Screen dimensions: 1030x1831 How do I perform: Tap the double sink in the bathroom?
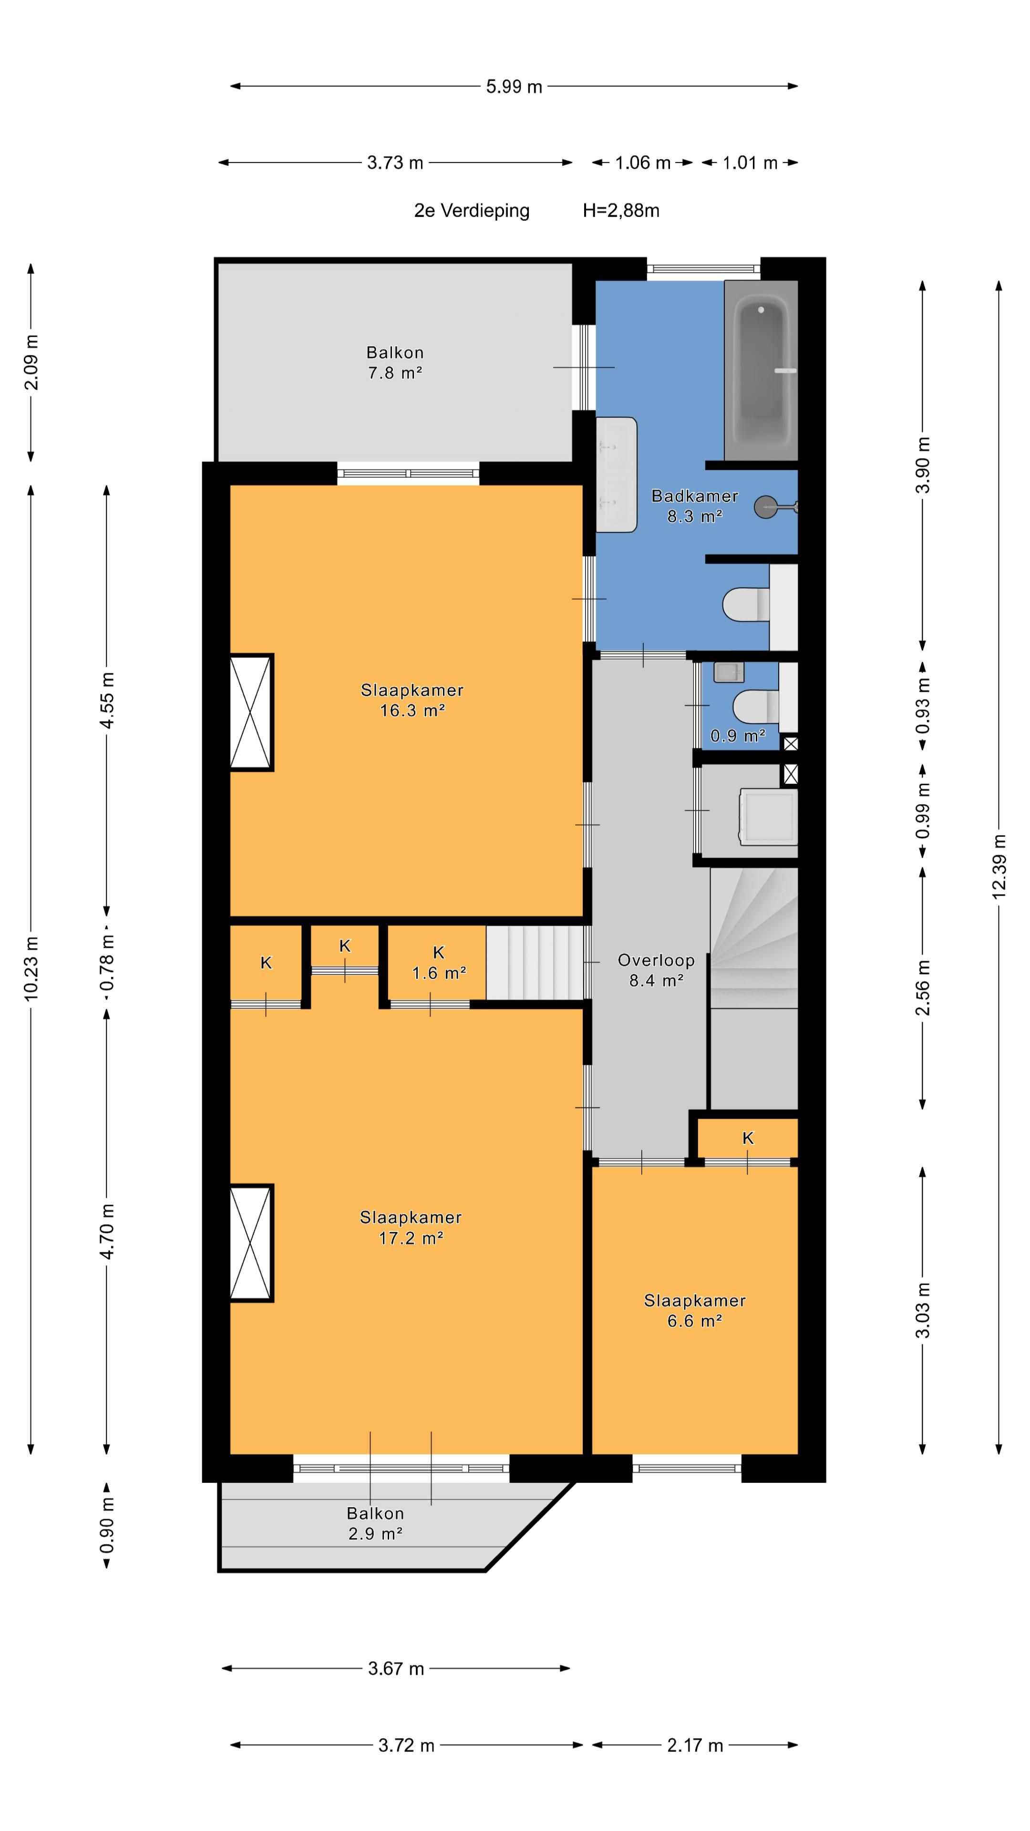click(616, 474)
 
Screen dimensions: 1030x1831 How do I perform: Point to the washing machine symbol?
click(768, 815)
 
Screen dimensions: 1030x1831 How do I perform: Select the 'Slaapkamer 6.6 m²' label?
click(694, 1310)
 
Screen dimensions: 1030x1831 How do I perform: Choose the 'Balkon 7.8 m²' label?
click(395, 362)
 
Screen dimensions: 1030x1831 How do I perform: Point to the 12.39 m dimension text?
click(999, 866)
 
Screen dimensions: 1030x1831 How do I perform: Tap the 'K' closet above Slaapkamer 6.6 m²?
click(748, 1138)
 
